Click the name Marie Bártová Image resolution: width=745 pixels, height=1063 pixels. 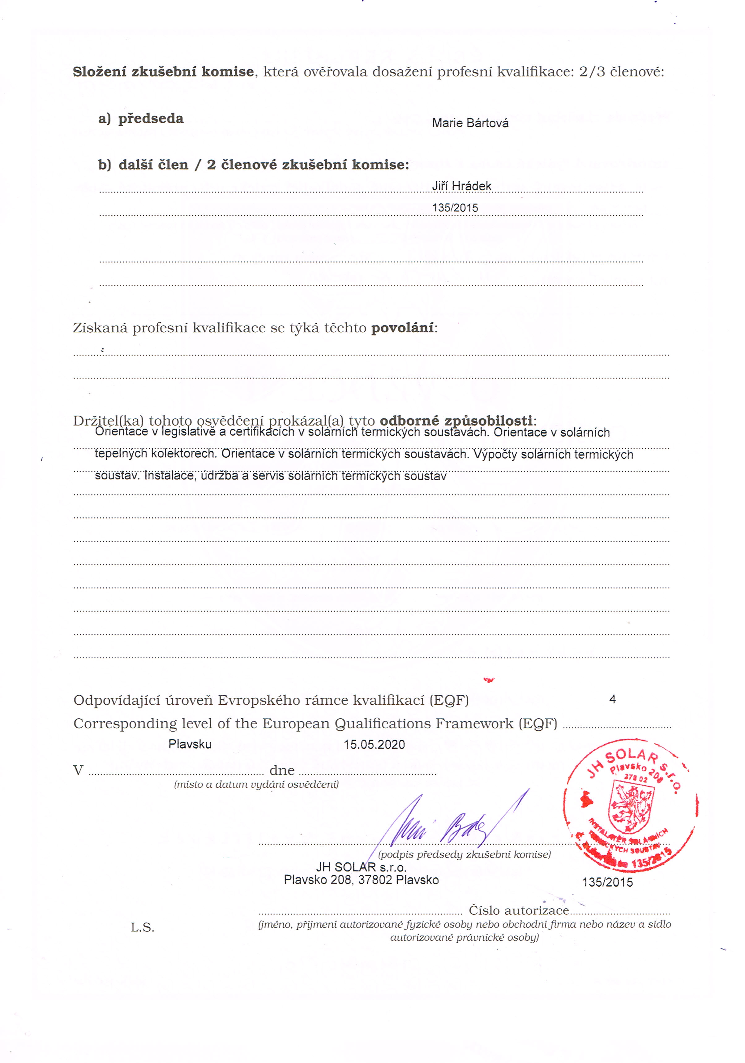coord(470,123)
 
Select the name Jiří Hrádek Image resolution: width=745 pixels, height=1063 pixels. coord(461,186)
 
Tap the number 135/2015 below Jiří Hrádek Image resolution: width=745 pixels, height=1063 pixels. coord(455,208)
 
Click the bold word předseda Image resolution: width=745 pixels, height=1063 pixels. coord(151,119)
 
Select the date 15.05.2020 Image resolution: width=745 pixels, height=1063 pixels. coord(374,745)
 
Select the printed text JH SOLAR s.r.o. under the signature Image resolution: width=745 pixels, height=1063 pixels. coord(361,867)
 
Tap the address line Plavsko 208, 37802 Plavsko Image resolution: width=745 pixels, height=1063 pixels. coord(361,880)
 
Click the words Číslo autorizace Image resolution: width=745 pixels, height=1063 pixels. coord(519,910)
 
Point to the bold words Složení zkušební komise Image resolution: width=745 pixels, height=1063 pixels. coord(163,72)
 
